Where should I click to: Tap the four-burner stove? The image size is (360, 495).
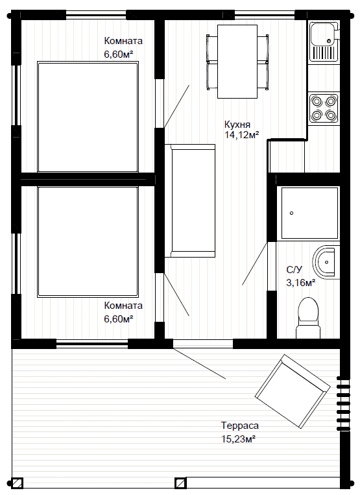(324, 108)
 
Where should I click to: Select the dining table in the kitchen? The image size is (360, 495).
(237, 62)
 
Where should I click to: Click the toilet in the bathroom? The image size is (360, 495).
(308, 318)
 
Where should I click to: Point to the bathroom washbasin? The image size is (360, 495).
(324, 261)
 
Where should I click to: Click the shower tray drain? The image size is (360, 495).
(291, 213)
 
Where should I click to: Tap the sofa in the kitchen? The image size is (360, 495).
(190, 200)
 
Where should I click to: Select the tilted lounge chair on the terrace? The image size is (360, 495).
(293, 391)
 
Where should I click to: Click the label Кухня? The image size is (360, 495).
(237, 124)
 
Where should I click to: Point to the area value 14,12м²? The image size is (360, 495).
(242, 135)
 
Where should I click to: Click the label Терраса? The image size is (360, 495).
(240, 426)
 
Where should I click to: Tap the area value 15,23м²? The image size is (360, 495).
(238, 439)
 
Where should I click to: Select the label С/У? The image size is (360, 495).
(294, 270)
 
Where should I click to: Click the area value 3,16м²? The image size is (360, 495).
(301, 283)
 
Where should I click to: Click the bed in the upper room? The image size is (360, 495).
(88, 117)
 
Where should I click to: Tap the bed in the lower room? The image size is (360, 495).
(88, 242)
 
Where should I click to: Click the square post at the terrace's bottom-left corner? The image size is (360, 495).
(18, 483)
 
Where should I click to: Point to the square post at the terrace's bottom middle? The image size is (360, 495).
(181, 483)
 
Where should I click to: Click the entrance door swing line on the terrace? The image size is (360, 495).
(199, 363)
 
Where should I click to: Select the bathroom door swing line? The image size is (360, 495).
(255, 263)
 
